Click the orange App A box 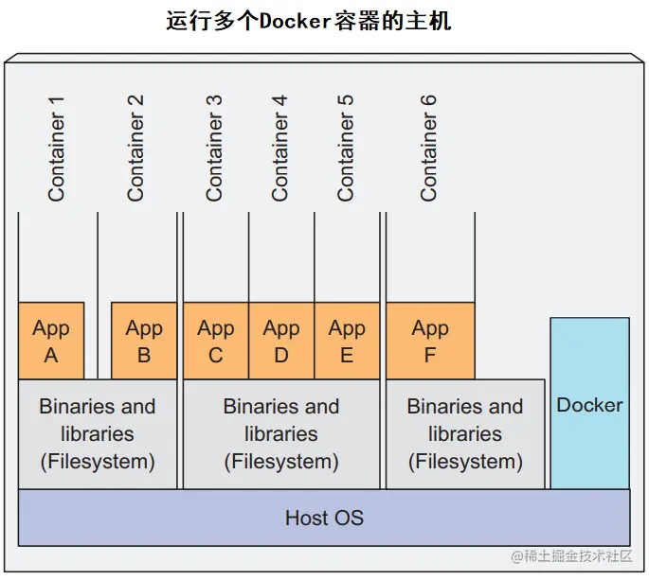click(51, 341)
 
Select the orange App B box click(144, 341)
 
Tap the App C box click(216, 341)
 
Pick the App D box click(281, 341)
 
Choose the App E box click(347, 341)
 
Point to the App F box click(430, 341)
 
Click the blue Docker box click(589, 404)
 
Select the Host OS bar click(324, 518)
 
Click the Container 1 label click(57, 155)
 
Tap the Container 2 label click(135, 155)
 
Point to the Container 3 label click(214, 155)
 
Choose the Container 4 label click(279, 155)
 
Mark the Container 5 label click(345, 155)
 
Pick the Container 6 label click(428, 155)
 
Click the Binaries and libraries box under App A click(98, 434)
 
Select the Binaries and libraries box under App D click(281, 434)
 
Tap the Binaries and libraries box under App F click(465, 434)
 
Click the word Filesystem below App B click(98, 462)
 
